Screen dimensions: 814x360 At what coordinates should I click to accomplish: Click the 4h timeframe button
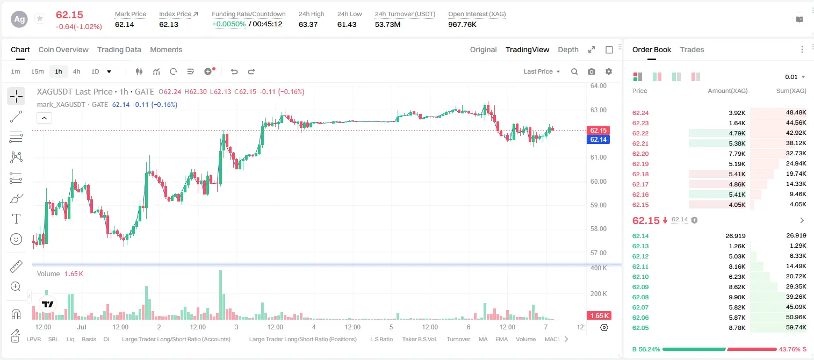click(x=76, y=71)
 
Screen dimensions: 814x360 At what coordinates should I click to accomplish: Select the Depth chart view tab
click(x=568, y=49)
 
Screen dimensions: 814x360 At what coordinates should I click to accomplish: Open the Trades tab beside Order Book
click(x=692, y=49)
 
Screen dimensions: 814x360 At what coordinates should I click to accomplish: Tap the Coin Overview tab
click(x=63, y=49)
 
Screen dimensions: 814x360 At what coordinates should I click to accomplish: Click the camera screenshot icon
click(x=592, y=71)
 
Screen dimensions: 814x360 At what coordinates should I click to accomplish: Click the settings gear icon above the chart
click(x=609, y=71)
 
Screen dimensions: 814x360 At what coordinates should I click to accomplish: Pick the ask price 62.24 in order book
click(x=640, y=113)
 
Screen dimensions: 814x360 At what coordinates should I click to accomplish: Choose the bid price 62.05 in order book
click(x=640, y=328)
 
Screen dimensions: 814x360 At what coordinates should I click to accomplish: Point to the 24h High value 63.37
click(x=308, y=24)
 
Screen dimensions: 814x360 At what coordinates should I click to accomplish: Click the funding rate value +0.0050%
click(x=229, y=24)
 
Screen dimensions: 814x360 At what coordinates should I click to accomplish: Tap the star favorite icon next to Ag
click(x=40, y=18)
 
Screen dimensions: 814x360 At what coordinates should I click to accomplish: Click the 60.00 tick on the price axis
click(x=598, y=181)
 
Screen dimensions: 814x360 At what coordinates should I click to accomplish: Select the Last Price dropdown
click(x=542, y=71)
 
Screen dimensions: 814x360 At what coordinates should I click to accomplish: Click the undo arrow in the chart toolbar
click(x=234, y=71)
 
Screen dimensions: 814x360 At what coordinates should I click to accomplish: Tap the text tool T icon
click(x=16, y=219)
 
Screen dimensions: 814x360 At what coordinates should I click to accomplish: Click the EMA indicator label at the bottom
click(x=501, y=339)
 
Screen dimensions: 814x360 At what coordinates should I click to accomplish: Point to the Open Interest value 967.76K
click(x=462, y=24)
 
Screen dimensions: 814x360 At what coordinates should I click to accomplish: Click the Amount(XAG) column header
click(x=727, y=91)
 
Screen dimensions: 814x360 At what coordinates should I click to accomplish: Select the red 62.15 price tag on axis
click(x=598, y=131)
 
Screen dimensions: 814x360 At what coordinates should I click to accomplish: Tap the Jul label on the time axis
click(x=82, y=327)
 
